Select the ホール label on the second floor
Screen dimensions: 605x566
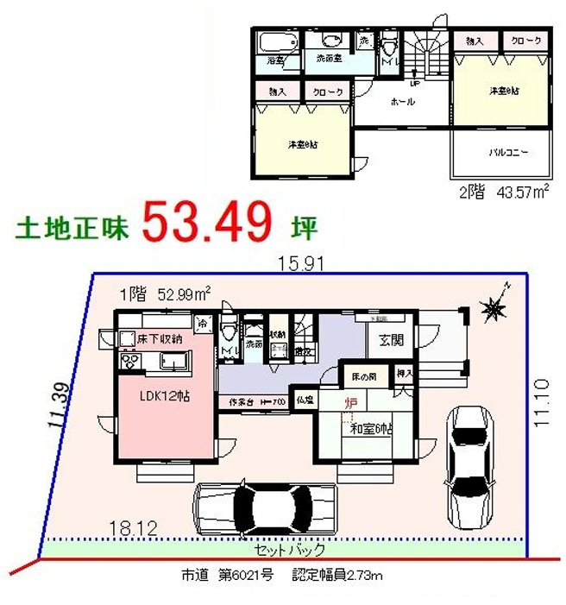[x=402, y=102]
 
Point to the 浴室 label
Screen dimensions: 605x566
[x=275, y=61]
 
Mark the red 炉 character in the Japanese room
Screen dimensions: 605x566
[x=352, y=403]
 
